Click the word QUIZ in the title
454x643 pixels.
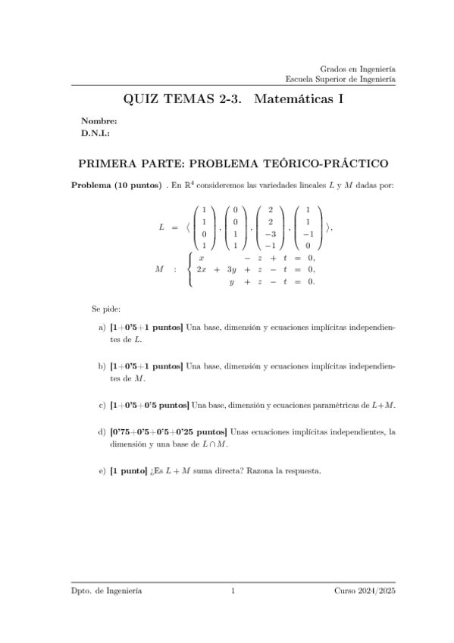142,99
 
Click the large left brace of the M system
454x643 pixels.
189,269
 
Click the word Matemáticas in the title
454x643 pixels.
293,99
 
